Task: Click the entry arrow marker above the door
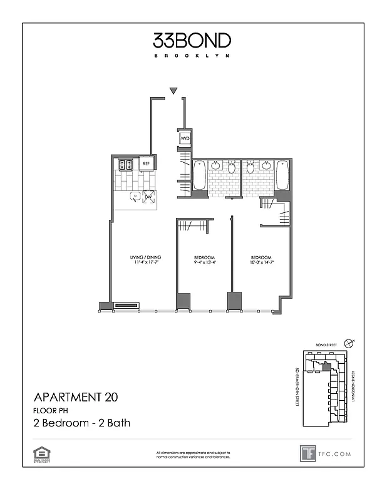(174, 91)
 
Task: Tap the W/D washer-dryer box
(185, 138)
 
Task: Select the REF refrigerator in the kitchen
(146, 163)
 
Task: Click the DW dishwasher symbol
(149, 197)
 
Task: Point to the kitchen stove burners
(124, 165)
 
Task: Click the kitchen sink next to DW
(135, 197)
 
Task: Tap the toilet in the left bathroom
(231, 167)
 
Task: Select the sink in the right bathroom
(266, 166)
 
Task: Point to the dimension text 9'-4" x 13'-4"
(205, 263)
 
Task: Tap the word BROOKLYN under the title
(192, 56)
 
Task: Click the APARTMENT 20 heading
(75, 396)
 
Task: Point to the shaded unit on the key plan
(326, 368)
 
